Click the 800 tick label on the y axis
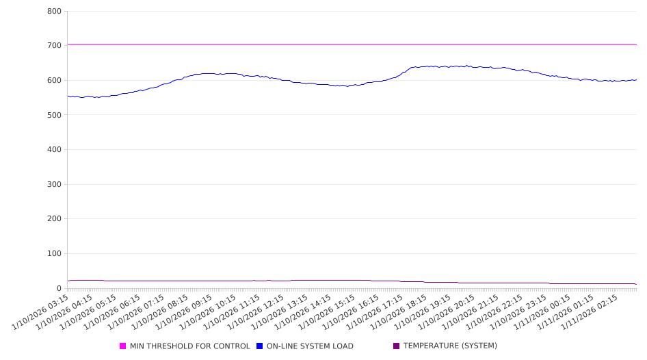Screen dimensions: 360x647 coord(55,12)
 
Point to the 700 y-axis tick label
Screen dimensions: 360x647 coord(55,46)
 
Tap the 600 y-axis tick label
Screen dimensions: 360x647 coord(55,81)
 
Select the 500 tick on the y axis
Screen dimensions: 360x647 coord(55,115)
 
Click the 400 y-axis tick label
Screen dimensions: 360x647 coord(55,150)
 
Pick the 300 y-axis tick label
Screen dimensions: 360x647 coord(55,185)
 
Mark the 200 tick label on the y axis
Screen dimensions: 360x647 coord(55,219)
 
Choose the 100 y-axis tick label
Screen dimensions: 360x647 coord(55,254)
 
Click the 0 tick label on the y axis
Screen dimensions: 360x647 coord(60,289)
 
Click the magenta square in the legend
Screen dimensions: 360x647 coord(123,346)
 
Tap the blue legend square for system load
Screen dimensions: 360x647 coord(260,346)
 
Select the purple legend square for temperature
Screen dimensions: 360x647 coord(397,346)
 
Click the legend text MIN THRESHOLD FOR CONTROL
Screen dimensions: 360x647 coord(190,346)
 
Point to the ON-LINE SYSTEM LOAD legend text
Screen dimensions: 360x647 coord(310,346)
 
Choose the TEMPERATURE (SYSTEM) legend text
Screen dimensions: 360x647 coord(450,346)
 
